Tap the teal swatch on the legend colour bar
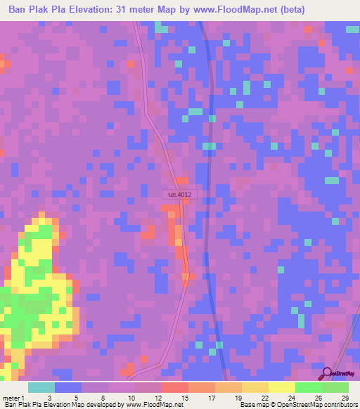click(x=41, y=387)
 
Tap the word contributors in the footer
click(x=339, y=405)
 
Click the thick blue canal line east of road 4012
click(x=210, y=211)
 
